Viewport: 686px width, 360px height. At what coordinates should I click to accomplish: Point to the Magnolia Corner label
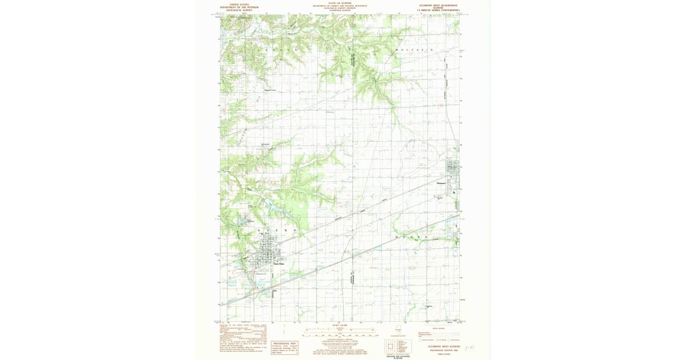(x=270, y=90)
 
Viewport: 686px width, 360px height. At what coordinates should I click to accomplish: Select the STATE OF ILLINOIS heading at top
(x=340, y=3)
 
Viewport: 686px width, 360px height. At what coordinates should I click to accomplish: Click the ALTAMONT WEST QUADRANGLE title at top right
(x=438, y=5)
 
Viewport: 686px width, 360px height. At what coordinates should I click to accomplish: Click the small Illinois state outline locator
(x=398, y=330)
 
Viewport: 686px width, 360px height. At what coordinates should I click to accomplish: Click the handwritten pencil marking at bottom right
(x=469, y=347)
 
